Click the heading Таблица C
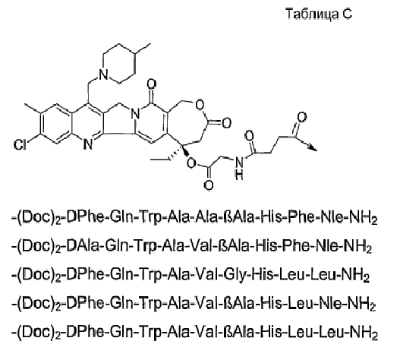coord(319,14)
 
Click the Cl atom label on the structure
coord(20,145)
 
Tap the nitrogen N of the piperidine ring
coord(103,74)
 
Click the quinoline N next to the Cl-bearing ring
coord(88,145)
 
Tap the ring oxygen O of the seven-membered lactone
coord(200,105)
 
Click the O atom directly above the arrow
coord(301,118)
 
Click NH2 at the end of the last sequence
coord(364,333)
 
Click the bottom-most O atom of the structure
coord(209,185)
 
